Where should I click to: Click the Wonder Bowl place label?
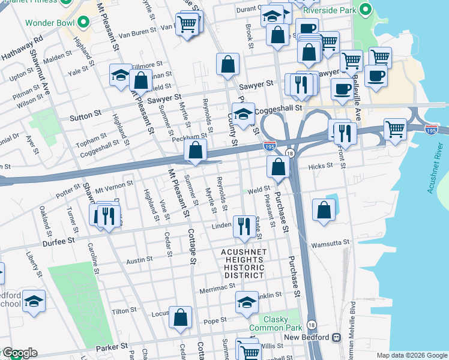50,23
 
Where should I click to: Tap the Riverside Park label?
328,10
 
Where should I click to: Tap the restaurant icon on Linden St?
244,226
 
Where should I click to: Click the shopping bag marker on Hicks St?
277,167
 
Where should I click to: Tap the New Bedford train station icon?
335,338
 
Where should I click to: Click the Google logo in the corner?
19,353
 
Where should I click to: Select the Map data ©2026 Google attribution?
411,355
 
